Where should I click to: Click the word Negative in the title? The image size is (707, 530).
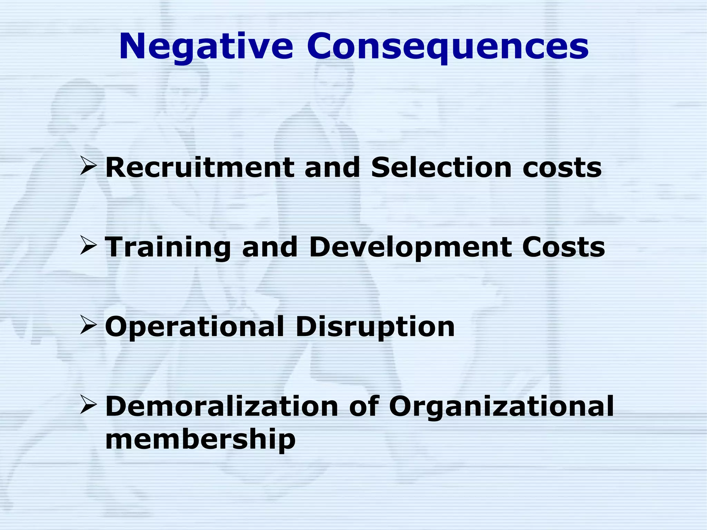click(x=206, y=47)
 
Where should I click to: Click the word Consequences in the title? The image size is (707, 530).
click(x=448, y=47)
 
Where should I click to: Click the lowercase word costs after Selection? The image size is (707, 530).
click(x=562, y=168)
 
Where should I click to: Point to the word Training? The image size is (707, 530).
click(x=168, y=247)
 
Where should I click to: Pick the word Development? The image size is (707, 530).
click(x=410, y=247)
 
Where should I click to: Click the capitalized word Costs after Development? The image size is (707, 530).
click(x=563, y=247)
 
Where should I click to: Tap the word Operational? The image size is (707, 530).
click(x=194, y=327)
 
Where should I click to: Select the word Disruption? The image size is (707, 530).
click(x=375, y=327)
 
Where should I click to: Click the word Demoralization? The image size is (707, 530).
click(x=222, y=406)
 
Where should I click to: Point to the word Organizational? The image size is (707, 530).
click(x=501, y=406)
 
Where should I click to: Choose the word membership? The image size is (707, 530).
click(x=200, y=439)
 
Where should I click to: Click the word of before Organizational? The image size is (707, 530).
click(x=364, y=406)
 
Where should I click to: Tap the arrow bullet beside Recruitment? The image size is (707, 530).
click(x=88, y=166)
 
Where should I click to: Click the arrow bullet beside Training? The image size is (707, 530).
click(x=88, y=245)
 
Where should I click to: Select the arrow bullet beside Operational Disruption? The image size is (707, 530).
click(x=88, y=325)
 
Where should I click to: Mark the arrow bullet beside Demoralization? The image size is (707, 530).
click(x=88, y=404)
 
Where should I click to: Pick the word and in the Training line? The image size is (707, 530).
click(x=270, y=247)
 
